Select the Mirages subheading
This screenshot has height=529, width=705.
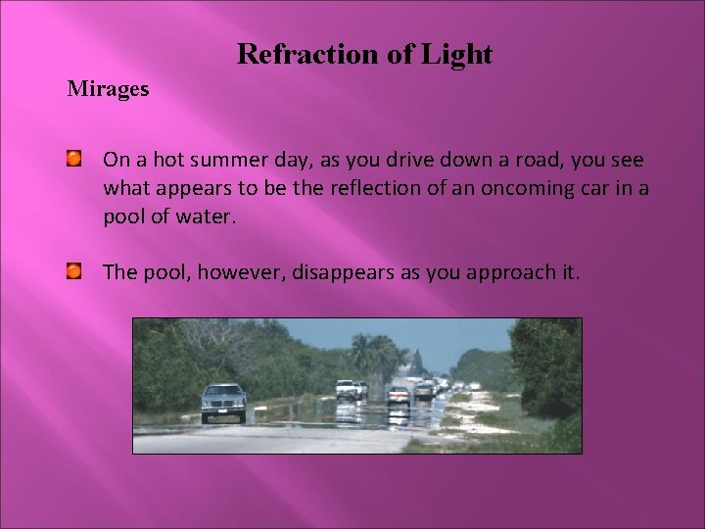point(108,89)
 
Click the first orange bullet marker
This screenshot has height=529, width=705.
point(74,158)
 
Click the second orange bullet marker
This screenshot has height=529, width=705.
point(74,270)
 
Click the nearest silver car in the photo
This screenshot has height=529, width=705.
point(223,402)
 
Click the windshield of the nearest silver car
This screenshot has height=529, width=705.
point(223,391)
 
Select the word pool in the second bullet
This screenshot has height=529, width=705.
point(165,272)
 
